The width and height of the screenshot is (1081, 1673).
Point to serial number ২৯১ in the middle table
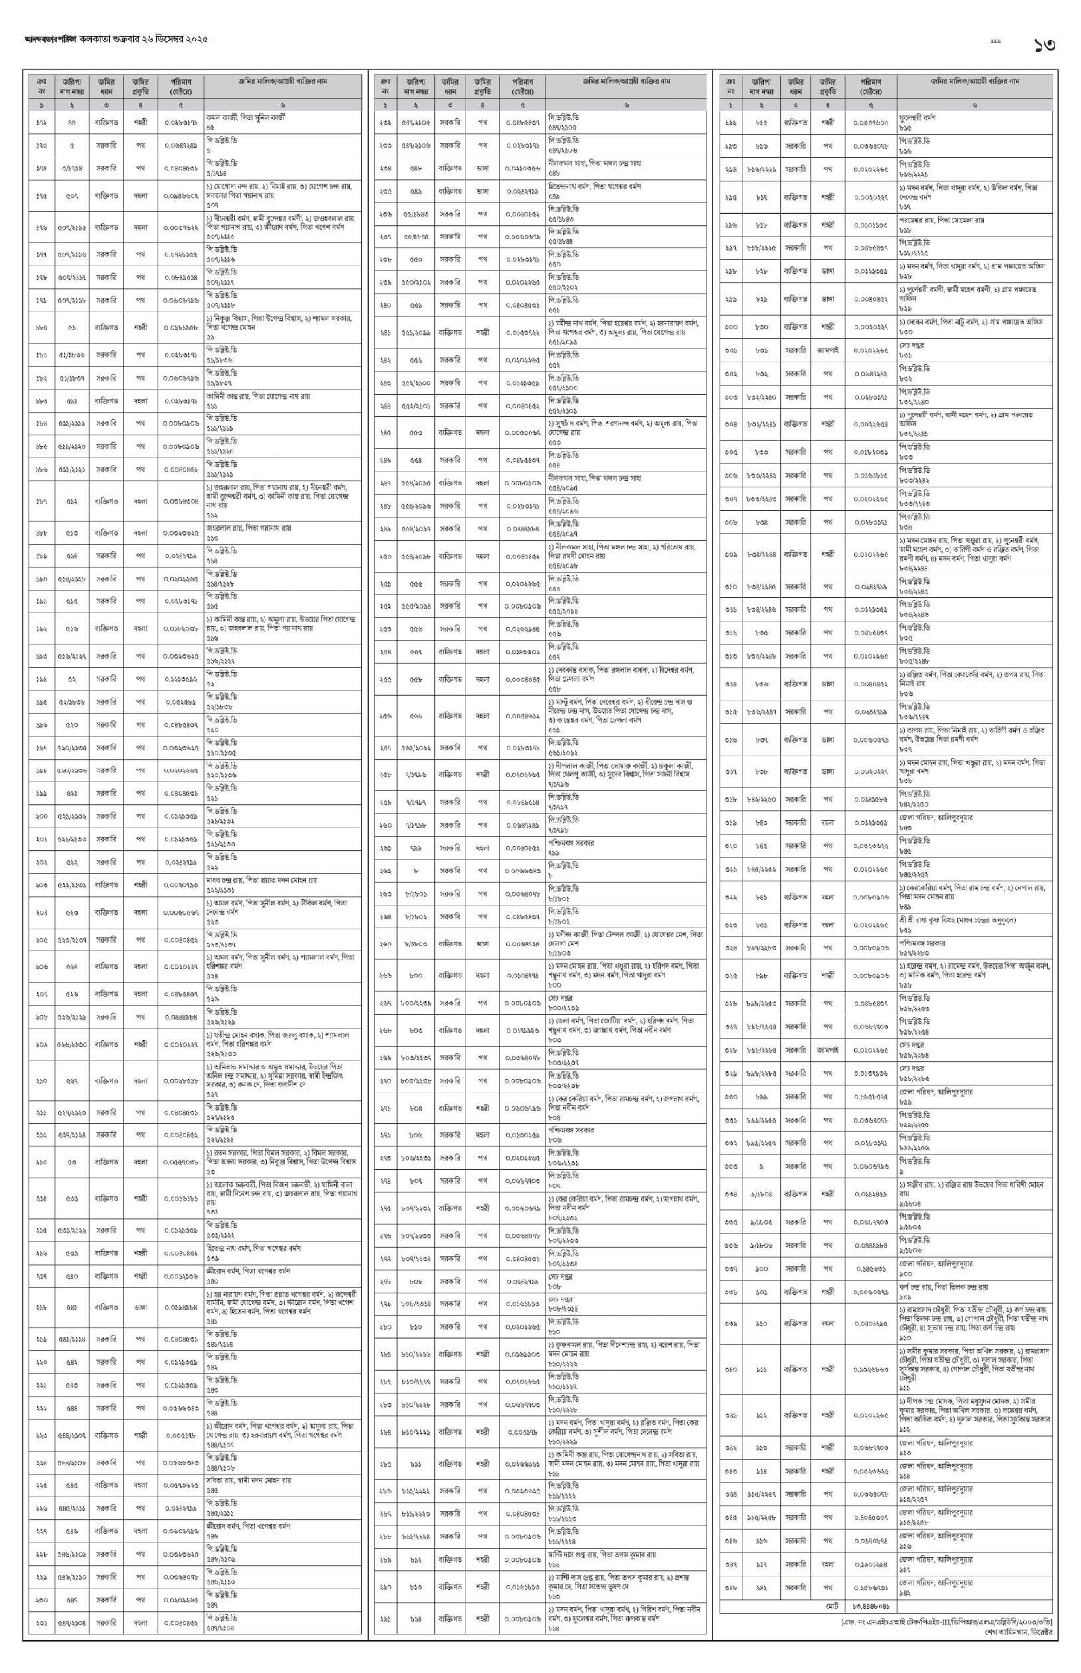click(x=384, y=1613)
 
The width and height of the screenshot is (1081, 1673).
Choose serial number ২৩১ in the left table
click(x=41, y=1623)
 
